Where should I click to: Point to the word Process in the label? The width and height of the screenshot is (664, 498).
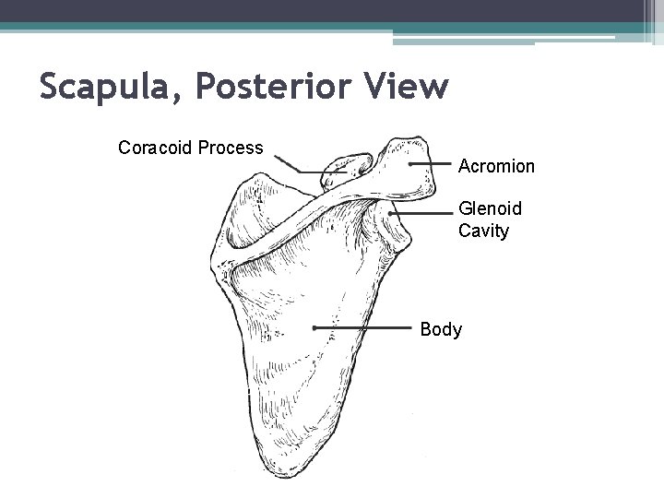[x=230, y=148]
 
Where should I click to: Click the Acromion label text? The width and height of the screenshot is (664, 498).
[x=496, y=166]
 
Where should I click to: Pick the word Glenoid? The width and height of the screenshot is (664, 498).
[x=490, y=209]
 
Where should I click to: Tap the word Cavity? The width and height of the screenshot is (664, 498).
[x=483, y=231]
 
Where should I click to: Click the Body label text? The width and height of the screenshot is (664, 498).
[x=441, y=329]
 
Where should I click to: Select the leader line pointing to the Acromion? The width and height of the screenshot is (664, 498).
[x=431, y=164]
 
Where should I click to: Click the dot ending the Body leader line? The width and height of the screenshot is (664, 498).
[x=314, y=327]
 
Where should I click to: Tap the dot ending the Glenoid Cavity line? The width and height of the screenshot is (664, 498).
[x=393, y=214]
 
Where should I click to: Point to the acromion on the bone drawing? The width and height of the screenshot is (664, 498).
[x=406, y=171]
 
